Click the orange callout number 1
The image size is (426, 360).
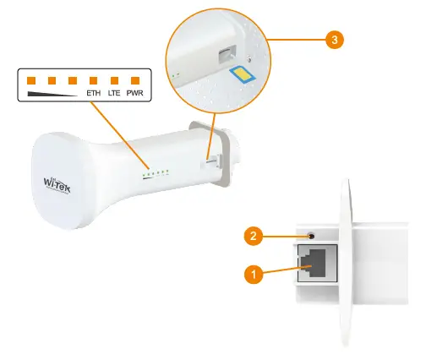pos(252,273)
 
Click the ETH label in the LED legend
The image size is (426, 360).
pos(94,94)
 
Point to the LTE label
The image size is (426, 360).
pos(114,94)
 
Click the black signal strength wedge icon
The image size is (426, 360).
pos(51,94)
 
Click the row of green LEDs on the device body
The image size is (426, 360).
pos(156,175)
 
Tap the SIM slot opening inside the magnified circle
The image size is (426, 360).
pos(225,57)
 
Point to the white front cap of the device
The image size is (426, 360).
pos(63,182)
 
